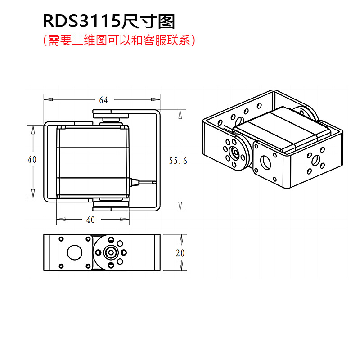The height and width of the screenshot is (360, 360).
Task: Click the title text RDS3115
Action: (x=82, y=21)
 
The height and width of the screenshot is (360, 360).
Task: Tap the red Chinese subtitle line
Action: (x=119, y=40)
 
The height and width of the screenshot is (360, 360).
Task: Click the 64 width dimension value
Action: (x=103, y=100)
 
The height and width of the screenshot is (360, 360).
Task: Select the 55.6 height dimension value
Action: (x=178, y=161)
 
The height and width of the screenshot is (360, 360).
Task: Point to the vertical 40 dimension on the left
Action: (x=32, y=160)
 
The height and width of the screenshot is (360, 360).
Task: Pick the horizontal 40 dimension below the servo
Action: (x=90, y=220)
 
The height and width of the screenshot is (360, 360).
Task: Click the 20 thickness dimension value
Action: (x=180, y=253)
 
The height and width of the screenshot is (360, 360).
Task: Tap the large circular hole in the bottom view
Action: (x=75, y=252)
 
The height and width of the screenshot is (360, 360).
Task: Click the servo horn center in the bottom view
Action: (x=111, y=252)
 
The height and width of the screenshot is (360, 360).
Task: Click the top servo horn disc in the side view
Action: (x=111, y=114)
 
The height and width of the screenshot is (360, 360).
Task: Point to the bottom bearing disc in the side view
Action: (x=111, y=206)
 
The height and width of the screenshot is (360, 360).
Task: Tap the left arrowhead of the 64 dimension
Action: (x=48, y=99)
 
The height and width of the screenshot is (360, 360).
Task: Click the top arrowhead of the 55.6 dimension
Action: (x=180, y=114)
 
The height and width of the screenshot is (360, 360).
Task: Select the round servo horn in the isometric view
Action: (x=235, y=152)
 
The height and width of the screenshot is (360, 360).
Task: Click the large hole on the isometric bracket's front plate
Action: (x=266, y=162)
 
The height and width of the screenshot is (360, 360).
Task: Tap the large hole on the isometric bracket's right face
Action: (x=316, y=160)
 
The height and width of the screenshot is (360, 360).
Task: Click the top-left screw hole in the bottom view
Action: (x=61, y=239)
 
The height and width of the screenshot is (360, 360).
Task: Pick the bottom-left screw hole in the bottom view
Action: (x=61, y=266)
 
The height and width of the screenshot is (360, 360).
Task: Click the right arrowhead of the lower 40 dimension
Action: (x=125, y=219)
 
